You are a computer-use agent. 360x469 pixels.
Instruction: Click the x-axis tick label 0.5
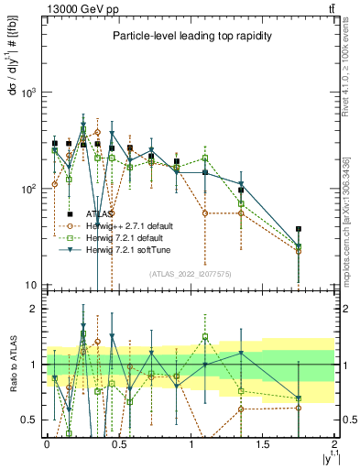pos(117,444)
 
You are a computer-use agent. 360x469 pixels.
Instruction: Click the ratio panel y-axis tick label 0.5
pos(29,420)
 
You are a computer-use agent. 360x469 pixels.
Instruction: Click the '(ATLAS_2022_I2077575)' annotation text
pos(189,274)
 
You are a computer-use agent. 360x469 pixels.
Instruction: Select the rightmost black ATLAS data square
pos(299,229)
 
